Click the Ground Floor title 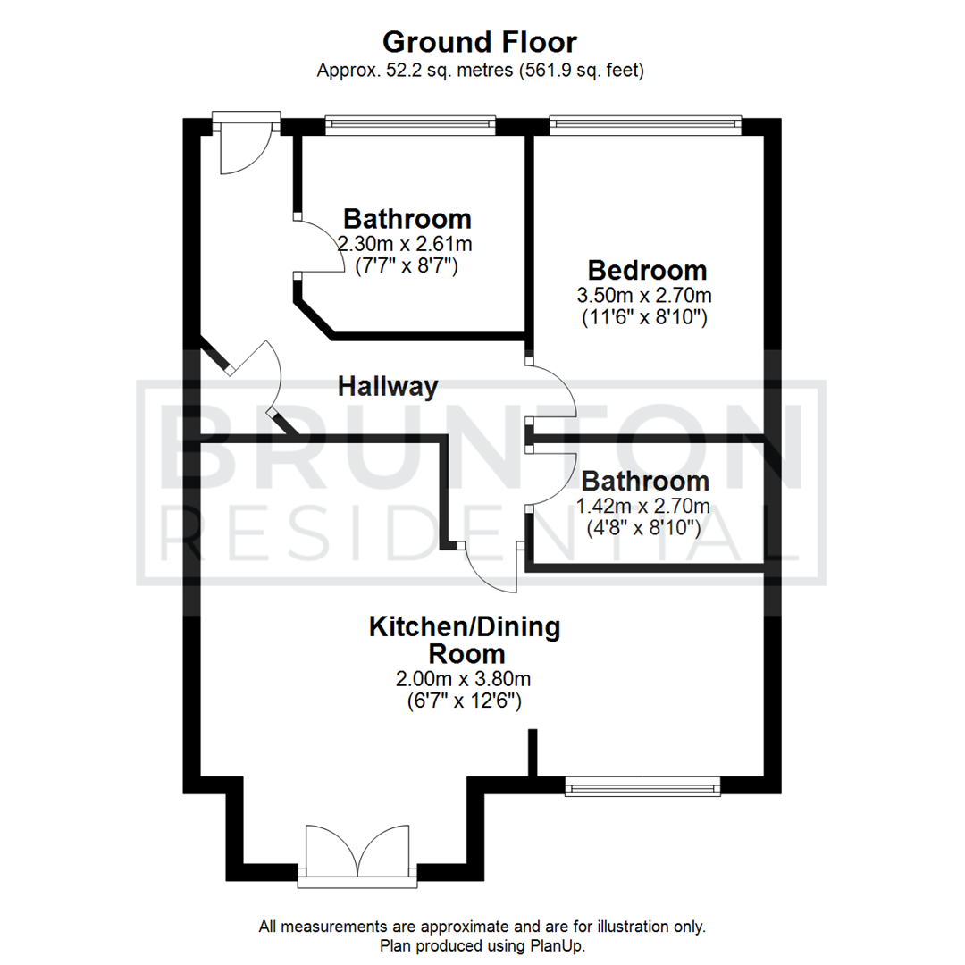(480, 43)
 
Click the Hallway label (388, 387)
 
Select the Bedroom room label (647, 270)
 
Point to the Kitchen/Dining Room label (466, 640)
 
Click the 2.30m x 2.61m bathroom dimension (405, 244)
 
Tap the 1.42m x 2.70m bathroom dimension (643, 506)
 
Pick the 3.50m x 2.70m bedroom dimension (644, 296)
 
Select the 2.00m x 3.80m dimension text (464, 679)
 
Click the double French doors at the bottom (357, 852)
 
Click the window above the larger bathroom (410, 126)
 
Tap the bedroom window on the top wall (646, 126)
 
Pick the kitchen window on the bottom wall (642, 786)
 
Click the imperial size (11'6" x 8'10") (644, 317)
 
